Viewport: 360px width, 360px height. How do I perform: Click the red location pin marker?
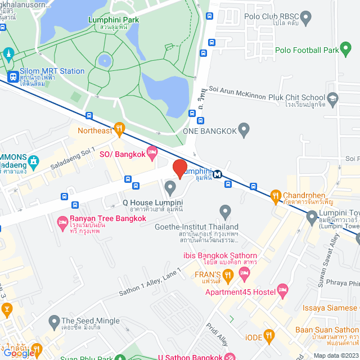[x=179, y=168]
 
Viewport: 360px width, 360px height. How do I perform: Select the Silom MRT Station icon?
[x=12, y=76]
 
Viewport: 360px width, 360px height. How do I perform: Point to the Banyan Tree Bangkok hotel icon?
[x=62, y=223]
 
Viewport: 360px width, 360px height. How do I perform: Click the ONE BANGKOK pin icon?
[x=244, y=130]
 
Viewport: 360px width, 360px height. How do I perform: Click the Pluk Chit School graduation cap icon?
[x=333, y=100]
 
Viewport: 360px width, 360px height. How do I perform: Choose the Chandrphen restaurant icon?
[x=276, y=196]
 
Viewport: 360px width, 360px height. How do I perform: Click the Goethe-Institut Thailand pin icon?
[x=225, y=213]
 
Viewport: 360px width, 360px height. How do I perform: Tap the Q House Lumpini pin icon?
[x=169, y=187]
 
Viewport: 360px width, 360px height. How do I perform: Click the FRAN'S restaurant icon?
[x=228, y=274]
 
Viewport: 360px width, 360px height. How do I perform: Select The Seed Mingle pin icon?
[x=53, y=321]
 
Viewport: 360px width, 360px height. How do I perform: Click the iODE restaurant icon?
[x=269, y=336]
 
